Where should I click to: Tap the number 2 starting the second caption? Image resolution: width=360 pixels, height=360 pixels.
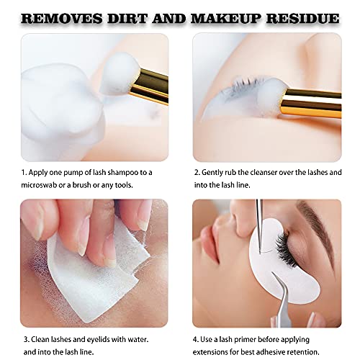(196, 173)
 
